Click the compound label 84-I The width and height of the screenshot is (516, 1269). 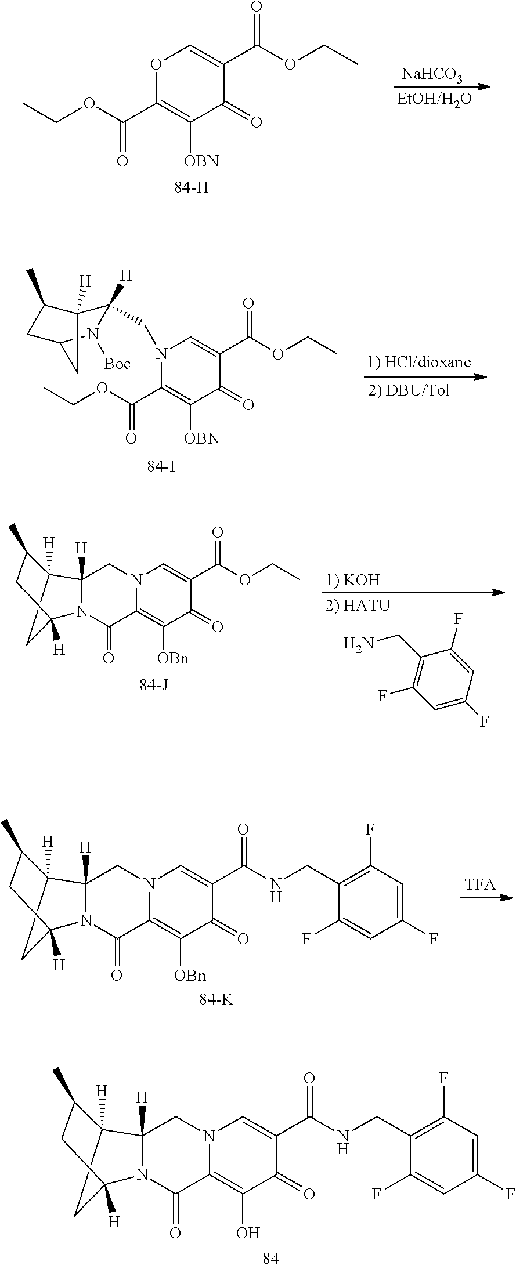(x=161, y=466)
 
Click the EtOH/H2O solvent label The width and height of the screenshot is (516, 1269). (x=426, y=99)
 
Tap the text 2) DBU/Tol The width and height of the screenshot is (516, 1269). (x=409, y=390)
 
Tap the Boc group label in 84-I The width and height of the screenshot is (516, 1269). (x=117, y=364)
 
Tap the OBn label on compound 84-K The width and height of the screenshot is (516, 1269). (x=190, y=976)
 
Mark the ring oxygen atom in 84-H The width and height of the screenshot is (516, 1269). (x=156, y=62)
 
